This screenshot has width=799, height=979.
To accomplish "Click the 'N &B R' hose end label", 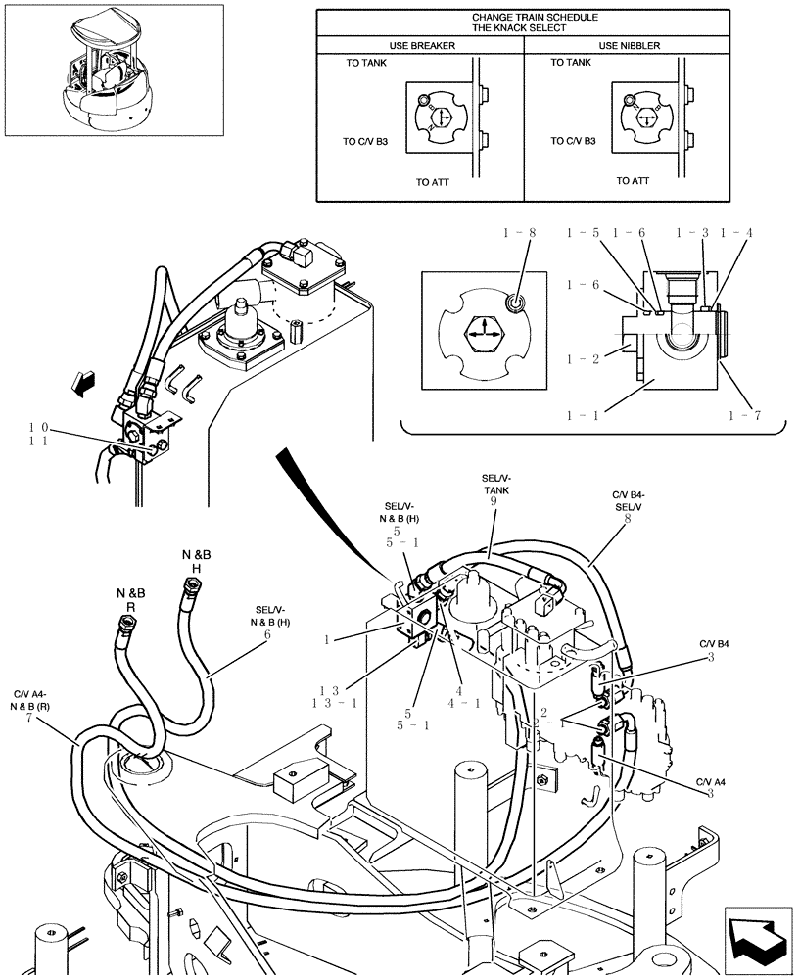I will click(130, 600).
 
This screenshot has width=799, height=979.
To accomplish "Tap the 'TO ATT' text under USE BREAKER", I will click(432, 182).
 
